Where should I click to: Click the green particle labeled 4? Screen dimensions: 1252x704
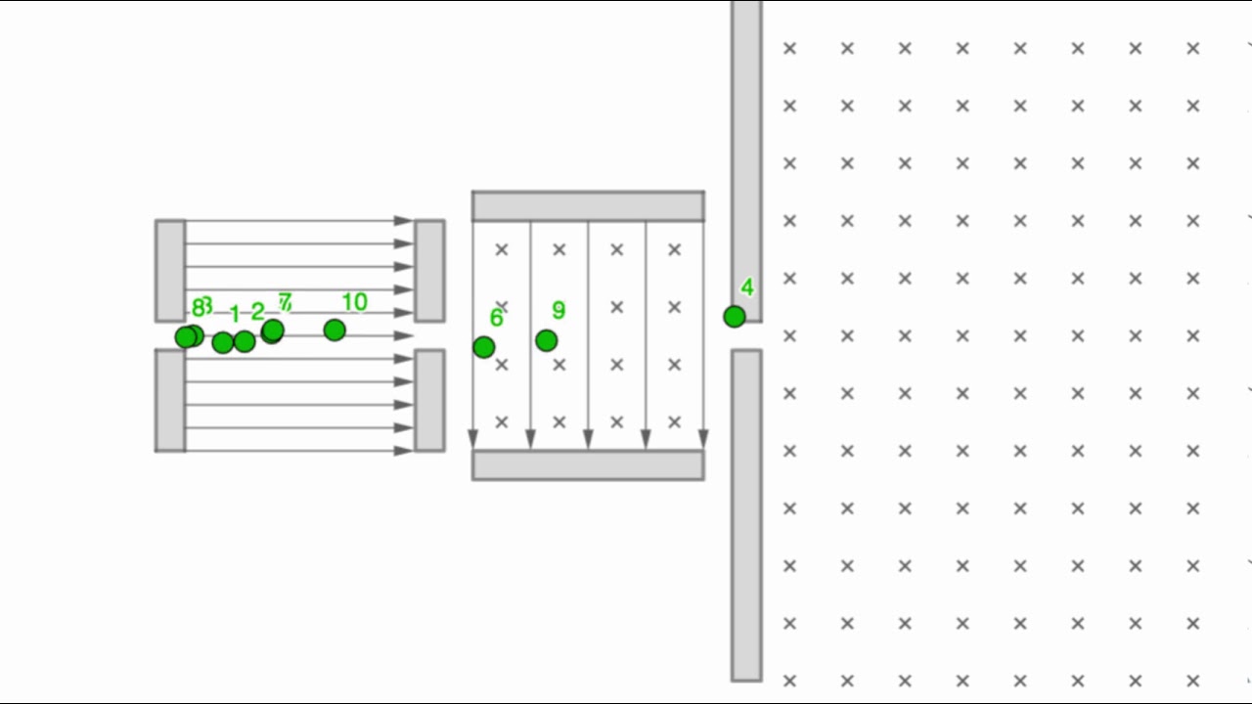pyautogui.click(x=735, y=317)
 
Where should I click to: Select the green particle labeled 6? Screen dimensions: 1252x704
pyautogui.click(x=483, y=347)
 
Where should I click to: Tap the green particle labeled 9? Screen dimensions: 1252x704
pyautogui.click(x=547, y=340)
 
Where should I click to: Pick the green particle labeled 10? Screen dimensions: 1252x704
pyautogui.click(x=335, y=330)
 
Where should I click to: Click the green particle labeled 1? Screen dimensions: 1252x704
pyautogui.click(x=223, y=342)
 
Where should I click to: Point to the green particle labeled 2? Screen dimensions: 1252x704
pyautogui.click(x=245, y=341)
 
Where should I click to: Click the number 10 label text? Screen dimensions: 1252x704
pyautogui.click(x=354, y=303)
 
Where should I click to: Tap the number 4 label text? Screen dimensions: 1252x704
pyautogui.click(x=747, y=287)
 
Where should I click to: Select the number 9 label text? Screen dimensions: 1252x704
pyautogui.click(x=559, y=311)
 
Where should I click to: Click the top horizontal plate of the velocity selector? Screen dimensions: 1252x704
pyautogui.click(x=588, y=206)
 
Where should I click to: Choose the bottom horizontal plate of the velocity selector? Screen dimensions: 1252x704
pyautogui.click(x=588, y=465)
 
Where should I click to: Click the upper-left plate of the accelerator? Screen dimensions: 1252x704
pyautogui.click(x=170, y=271)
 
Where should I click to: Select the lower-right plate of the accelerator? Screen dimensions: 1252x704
pyautogui.click(x=429, y=400)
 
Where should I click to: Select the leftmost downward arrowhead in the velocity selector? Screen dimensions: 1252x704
pyautogui.click(x=473, y=438)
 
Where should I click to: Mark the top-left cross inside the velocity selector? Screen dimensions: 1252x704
pyautogui.click(x=502, y=250)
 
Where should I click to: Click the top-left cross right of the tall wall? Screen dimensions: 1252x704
pyautogui.click(x=789, y=48)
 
